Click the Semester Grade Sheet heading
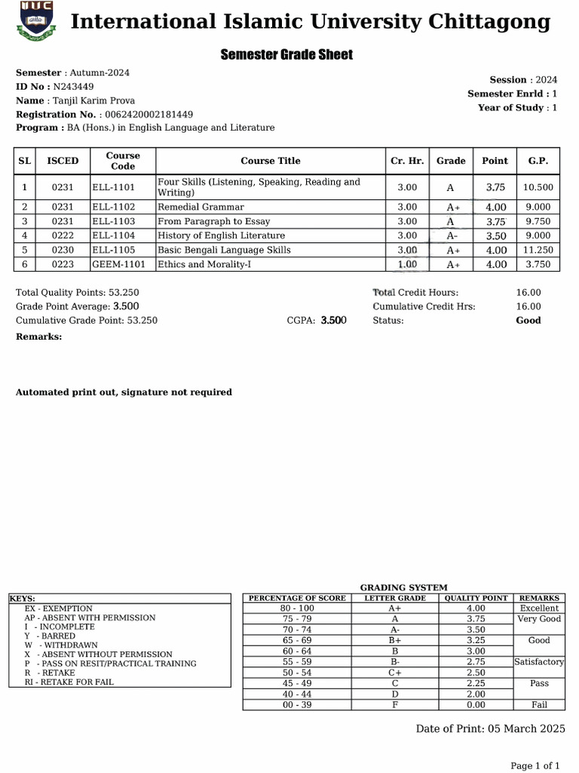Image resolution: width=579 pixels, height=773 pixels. coord(286,55)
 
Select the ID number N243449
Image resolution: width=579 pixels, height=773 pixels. coord(73,87)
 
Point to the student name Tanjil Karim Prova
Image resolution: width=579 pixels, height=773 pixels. coord(92,100)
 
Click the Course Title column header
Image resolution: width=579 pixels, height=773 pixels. coord(271,161)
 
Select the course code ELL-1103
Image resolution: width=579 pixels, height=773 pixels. coord(113,221)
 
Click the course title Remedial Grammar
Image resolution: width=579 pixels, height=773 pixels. coord(201,207)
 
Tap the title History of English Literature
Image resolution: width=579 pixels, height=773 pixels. coord(221,236)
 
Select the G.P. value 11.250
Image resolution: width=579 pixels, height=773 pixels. coord(538,250)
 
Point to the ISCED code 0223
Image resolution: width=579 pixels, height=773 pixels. coord(63,264)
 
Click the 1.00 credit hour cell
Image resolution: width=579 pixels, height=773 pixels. coord(406,264)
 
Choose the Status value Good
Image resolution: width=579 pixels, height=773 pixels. coord(528,320)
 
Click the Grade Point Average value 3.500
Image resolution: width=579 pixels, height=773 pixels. coord(126,306)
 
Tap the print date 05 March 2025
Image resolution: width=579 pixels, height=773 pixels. coord(525,728)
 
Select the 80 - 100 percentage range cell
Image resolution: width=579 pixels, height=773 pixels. coord(297,608)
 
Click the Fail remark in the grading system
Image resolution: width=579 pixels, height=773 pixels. coord(539,705)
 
